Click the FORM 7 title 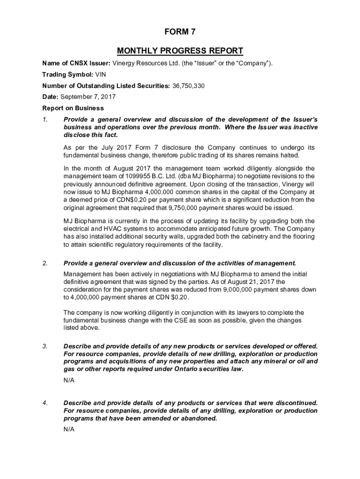coord(180,32)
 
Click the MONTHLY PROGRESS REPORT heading coord(180,51)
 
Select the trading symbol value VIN coord(101,74)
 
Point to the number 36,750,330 coord(188,86)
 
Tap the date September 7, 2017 coord(88,97)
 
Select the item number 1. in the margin coord(45,120)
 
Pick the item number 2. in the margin coord(45,263)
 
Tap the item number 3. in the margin coord(45,346)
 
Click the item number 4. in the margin coord(45,403)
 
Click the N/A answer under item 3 coord(69,380)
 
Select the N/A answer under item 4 coord(69,429)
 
